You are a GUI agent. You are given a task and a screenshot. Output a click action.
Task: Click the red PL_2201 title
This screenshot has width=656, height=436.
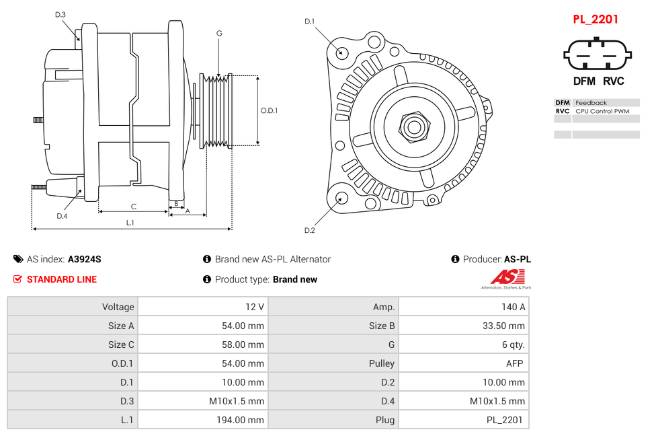coord(595,20)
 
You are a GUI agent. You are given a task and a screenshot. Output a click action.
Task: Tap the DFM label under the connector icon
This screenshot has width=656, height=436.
coord(584,81)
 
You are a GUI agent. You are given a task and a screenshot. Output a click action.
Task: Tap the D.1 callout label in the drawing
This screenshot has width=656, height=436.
coord(309,22)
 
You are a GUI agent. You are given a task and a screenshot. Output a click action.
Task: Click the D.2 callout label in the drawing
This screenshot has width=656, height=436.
coord(309,231)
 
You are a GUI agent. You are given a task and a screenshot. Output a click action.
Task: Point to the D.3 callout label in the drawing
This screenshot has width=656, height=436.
coord(60,15)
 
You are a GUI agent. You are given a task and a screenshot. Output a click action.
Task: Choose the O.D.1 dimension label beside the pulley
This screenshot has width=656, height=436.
coord(269,111)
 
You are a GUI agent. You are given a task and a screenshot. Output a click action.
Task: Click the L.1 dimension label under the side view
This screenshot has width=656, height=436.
coord(130,222)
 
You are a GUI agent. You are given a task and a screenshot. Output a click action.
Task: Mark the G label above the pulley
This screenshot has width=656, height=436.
coord(219,33)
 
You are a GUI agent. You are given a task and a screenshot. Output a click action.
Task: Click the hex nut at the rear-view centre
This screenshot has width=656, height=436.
coord(414,126)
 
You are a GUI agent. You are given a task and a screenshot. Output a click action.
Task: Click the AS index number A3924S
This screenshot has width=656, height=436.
coord(85,259)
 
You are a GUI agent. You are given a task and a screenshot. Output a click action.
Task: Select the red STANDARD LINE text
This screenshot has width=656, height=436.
coord(61,279)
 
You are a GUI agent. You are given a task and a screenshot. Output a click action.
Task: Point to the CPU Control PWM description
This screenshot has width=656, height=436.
coord(602,111)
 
